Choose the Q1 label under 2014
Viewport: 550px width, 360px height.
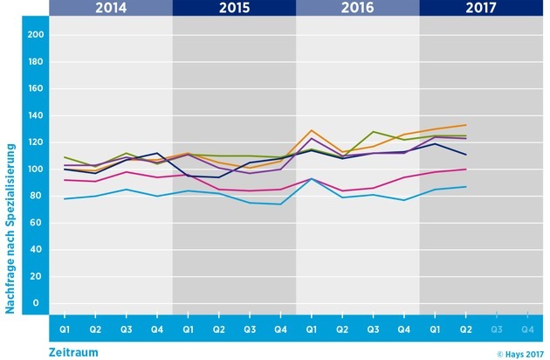(65, 329)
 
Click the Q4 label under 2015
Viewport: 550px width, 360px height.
(280, 329)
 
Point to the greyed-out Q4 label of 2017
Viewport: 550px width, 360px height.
(526, 329)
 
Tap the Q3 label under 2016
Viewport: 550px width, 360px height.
(373, 329)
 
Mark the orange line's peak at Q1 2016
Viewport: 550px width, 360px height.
(312, 130)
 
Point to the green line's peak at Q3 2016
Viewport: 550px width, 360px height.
(373, 132)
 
